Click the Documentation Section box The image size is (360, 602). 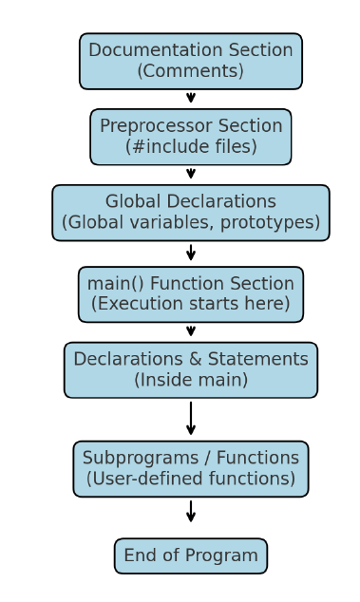[x=191, y=61]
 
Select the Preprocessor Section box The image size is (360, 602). [x=191, y=136]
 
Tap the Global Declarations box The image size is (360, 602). [x=191, y=213]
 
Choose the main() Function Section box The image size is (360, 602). [x=191, y=293]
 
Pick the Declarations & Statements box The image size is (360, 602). [x=191, y=369]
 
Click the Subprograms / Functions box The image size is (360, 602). [x=191, y=468]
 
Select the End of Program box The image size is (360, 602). [x=191, y=555]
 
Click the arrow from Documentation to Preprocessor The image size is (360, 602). [x=191, y=98]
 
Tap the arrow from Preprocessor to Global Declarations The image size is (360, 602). [x=191, y=174]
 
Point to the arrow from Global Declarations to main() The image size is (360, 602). [x=191, y=253]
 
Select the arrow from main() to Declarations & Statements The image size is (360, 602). [x=191, y=331]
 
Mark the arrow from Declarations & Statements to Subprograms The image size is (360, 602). [x=191, y=418]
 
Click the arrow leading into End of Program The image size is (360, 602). [x=191, y=511]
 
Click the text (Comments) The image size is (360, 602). [x=191, y=71]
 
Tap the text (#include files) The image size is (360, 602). [x=191, y=146]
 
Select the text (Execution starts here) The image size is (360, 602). [x=191, y=304]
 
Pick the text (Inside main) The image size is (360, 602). [x=191, y=380]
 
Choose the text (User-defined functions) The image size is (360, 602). [x=191, y=479]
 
